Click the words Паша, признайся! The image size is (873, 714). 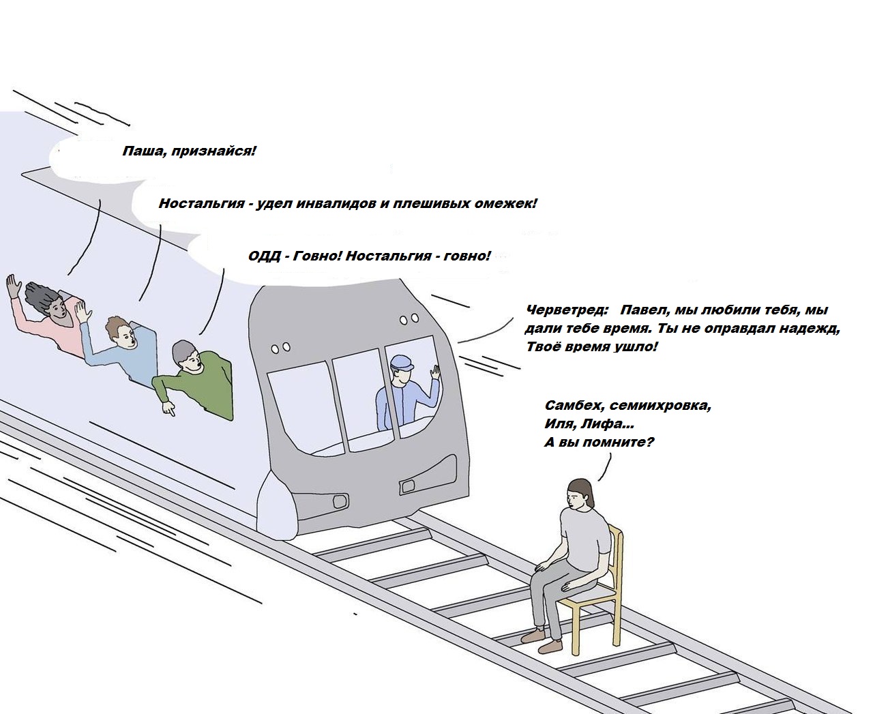pos(189,151)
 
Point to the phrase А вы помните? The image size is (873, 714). pos(599,442)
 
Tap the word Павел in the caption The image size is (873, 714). pos(643,310)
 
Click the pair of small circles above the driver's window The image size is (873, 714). pos(409,319)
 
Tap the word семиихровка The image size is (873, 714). pos(660,406)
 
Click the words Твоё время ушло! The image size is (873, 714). pos(592,346)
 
